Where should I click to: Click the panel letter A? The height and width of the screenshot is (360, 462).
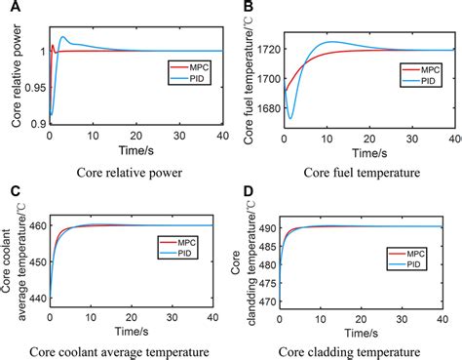pyautogui.click(x=8, y=7)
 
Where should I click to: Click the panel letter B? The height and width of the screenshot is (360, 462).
pyautogui.click(x=247, y=7)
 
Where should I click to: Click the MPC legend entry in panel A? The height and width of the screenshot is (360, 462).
pyautogui.click(x=191, y=66)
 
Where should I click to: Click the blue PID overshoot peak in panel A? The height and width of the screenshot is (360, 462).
pyautogui.click(x=64, y=38)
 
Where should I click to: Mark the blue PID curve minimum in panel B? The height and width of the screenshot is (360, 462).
pyautogui.click(x=289, y=118)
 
